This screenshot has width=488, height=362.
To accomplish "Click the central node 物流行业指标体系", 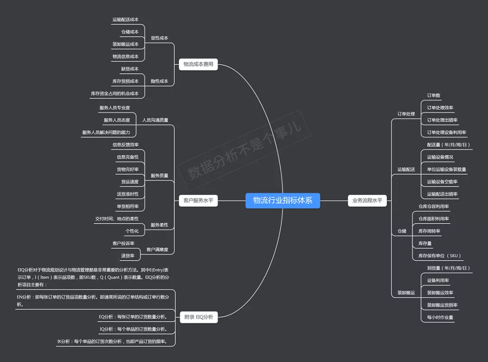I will pos(282,201).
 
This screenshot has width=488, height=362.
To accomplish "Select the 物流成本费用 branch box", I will pos(198,65).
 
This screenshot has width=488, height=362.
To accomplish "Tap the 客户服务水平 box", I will pos(198,200).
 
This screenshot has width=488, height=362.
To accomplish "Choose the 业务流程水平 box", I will pos(367,200).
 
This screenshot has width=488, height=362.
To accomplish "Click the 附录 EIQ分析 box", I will pos(198,317).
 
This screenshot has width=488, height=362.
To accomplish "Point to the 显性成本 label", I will pos(159,38).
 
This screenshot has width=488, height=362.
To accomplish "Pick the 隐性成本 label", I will pos(159,81).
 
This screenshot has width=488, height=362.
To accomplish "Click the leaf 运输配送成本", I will pos(126,20).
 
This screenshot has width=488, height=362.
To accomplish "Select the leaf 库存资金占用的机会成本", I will pos(115,94).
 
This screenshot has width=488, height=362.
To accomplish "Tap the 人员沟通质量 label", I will pos(155,120).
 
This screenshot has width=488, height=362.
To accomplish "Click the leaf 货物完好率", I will pos(127,169).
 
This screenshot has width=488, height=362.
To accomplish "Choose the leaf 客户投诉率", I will pos(123,244).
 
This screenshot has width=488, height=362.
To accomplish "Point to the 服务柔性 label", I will pos(159,225).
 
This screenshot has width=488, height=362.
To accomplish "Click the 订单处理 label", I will pos(406,114).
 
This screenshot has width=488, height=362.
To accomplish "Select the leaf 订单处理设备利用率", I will pos(446,132).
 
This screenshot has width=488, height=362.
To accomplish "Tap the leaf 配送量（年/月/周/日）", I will pos(449,145).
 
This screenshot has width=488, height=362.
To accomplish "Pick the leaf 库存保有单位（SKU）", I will pos(439,256).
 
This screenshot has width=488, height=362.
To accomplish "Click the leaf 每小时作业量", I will pos(440,317).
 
